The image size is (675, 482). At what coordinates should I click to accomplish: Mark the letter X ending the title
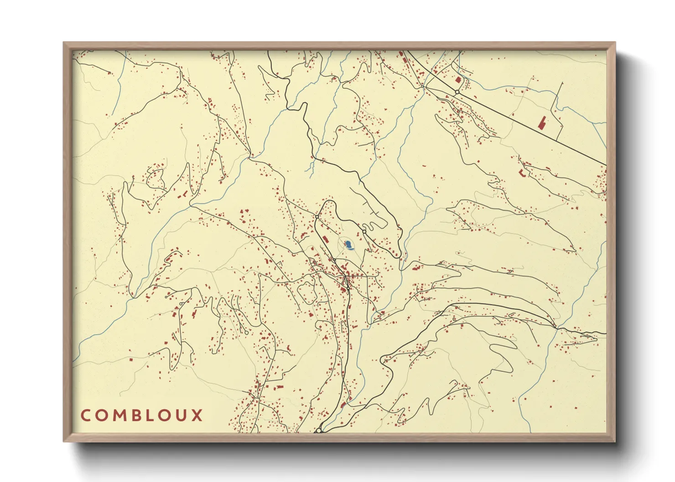click(197, 415)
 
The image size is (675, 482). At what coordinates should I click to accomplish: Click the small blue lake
click(349, 246)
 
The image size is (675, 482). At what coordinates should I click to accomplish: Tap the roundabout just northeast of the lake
click(364, 232)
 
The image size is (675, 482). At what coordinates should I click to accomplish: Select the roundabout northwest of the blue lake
click(317, 217)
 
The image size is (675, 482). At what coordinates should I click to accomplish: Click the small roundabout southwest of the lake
click(334, 260)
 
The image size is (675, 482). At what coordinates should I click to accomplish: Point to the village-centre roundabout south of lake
click(348, 288)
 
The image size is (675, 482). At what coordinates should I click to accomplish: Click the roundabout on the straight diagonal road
click(457, 92)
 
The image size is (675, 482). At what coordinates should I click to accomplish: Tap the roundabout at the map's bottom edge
click(319, 430)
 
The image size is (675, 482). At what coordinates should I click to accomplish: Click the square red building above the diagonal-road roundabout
click(458, 80)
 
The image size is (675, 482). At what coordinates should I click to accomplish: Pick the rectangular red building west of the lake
click(326, 240)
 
